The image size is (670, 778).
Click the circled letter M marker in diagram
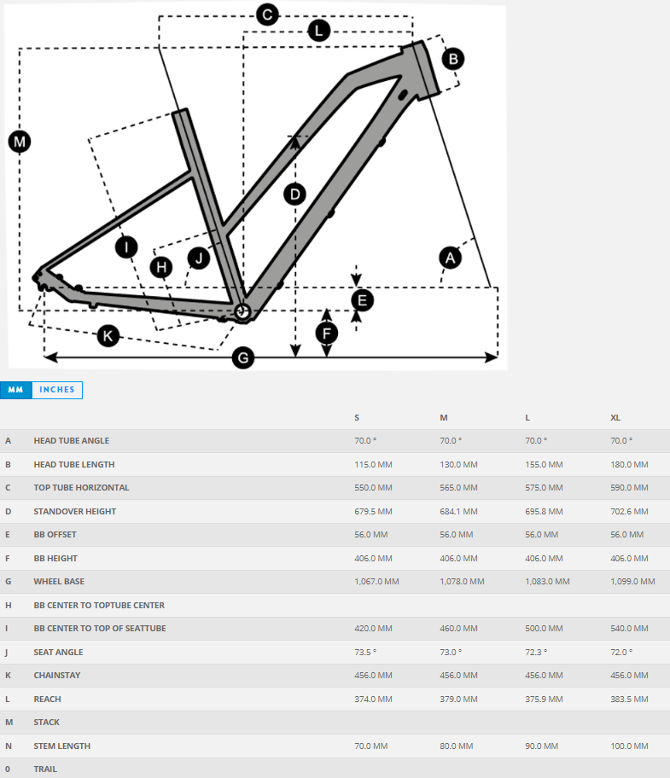[20, 141]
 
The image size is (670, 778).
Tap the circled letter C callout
[267, 15]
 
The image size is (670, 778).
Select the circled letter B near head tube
[453, 59]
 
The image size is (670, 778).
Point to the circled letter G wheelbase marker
[244, 357]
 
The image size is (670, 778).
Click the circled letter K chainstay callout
[107, 336]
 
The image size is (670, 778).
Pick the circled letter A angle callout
[450, 257]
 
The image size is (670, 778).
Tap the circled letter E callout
[363, 300]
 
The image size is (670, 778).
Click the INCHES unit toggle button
[57, 390]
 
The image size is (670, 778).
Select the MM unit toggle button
[15, 390]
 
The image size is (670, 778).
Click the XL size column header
[615, 417]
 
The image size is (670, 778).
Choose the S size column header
[357, 417]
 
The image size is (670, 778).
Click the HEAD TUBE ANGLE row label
[72, 441]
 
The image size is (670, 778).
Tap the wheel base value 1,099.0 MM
[632, 582]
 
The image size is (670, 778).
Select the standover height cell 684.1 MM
[458, 512]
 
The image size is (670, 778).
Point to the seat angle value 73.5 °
[365, 652]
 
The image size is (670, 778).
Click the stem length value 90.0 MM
[544, 746]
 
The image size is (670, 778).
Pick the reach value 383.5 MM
[629, 700]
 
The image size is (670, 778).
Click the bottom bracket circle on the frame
[242, 312]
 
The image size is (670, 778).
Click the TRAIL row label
[45, 769]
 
